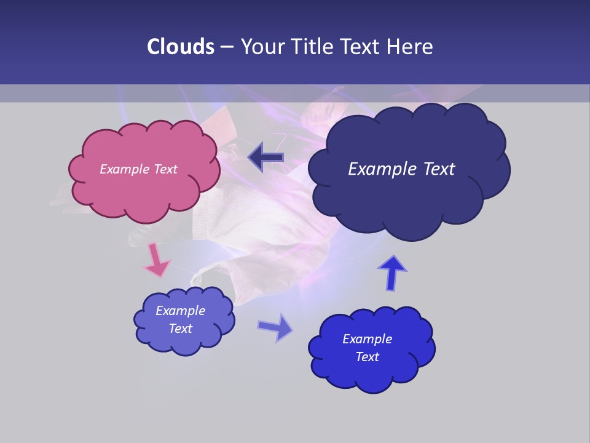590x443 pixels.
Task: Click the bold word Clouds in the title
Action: click(x=181, y=47)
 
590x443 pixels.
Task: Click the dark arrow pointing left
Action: click(x=266, y=158)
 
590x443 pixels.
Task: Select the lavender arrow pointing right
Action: click(x=275, y=327)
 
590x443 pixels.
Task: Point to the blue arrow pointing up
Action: click(x=392, y=271)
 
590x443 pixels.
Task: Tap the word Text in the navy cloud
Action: click(x=435, y=169)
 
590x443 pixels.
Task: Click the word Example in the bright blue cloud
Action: click(x=367, y=339)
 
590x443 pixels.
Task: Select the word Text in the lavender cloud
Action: click(x=181, y=329)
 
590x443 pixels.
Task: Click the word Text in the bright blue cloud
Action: click(x=367, y=357)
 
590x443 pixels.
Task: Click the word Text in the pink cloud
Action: click(x=165, y=169)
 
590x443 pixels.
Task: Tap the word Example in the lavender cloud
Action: click(x=181, y=311)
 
